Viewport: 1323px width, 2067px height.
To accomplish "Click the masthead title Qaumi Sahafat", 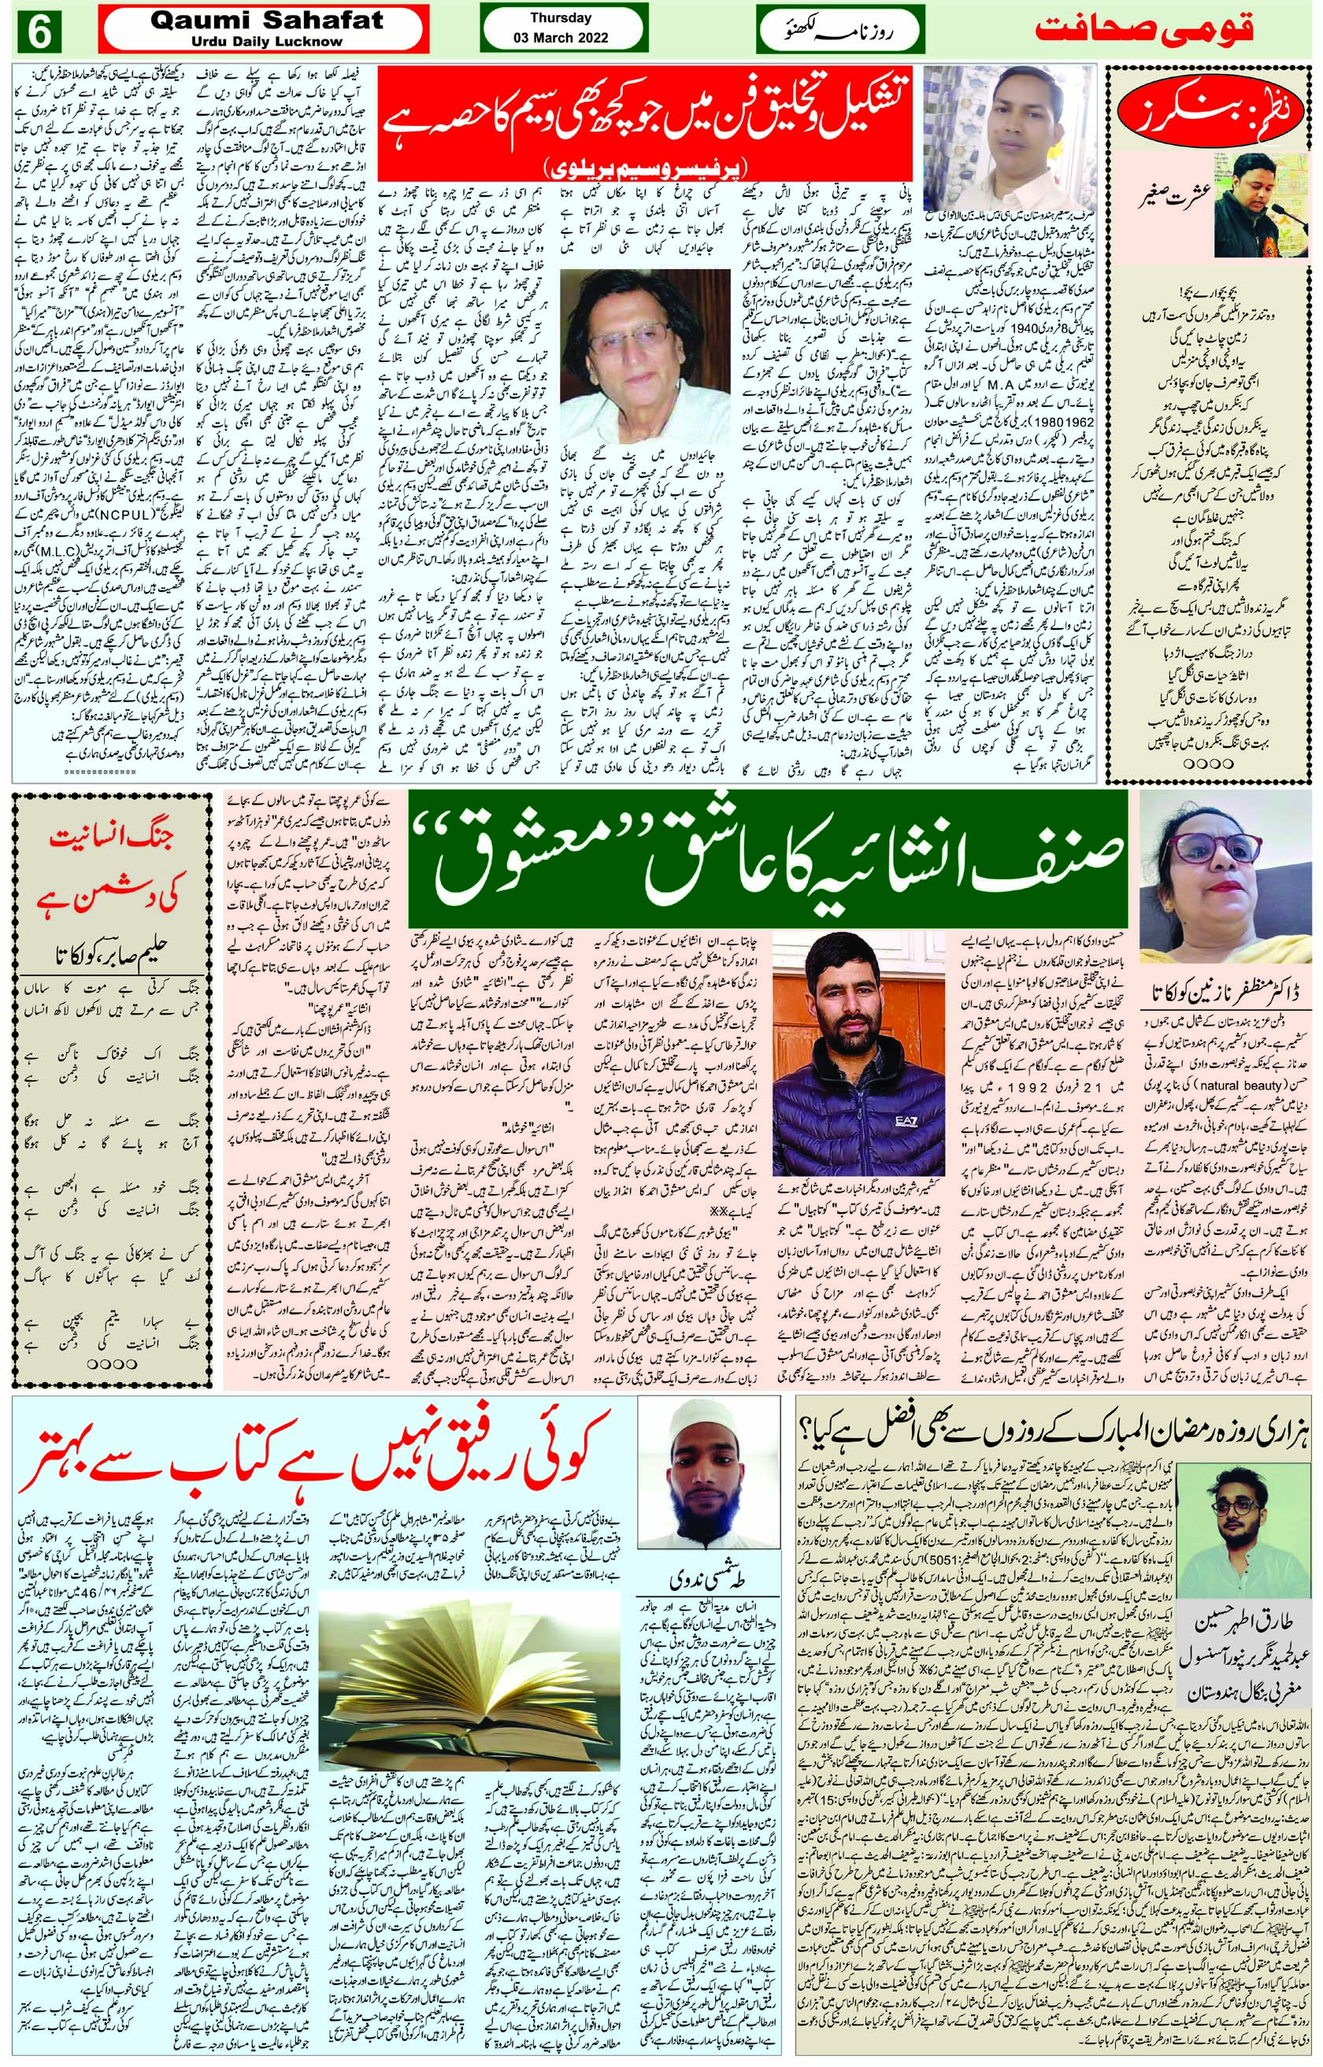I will click(x=266, y=21).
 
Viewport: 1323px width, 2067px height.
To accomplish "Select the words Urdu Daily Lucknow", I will click(x=266, y=41).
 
